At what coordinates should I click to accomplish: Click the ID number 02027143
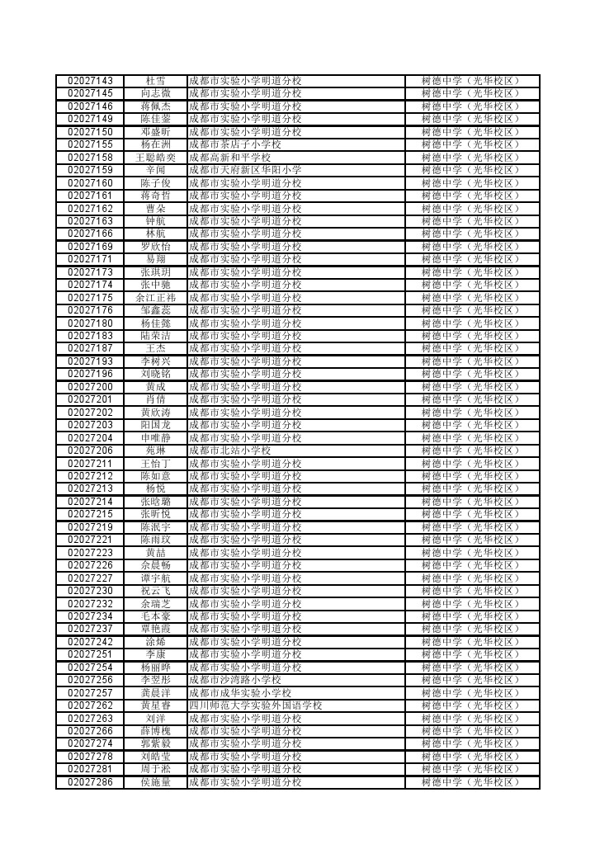(x=90, y=81)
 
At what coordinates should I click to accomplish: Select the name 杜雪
(x=155, y=81)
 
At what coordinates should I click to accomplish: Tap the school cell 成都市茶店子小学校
(x=235, y=144)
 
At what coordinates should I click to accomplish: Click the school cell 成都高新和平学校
(x=230, y=158)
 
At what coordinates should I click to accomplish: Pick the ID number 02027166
(x=90, y=234)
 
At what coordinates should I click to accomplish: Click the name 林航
(x=155, y=234)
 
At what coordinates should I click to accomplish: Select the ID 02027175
(x=90, y=298)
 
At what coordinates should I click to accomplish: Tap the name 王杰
(x=155, y=348)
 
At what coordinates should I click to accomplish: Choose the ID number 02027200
(x=90, y=387)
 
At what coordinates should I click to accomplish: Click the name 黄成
(x=155, y=387)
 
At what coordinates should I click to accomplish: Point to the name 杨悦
(x=155, y=488)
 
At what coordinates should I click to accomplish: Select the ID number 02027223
(x=90, y=553)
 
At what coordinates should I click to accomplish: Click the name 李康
(x=155, y=654)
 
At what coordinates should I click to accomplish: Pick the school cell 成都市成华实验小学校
(x=240, y=693)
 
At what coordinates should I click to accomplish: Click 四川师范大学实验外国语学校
(x=255, y=705)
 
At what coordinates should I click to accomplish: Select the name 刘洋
(x=155, y=719)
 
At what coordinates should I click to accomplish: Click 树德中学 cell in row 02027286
(x=471, y=782)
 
